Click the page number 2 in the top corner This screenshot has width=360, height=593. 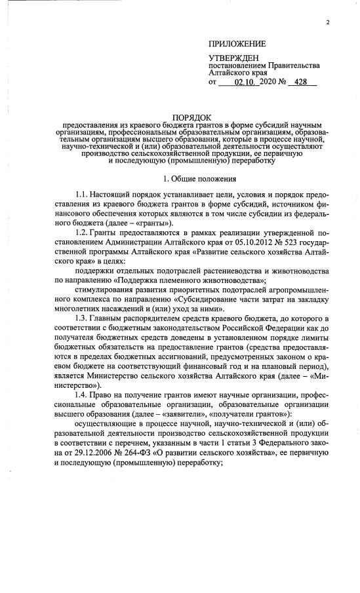coord(327,24)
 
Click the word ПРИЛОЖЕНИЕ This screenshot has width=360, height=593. coord(237,45)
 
